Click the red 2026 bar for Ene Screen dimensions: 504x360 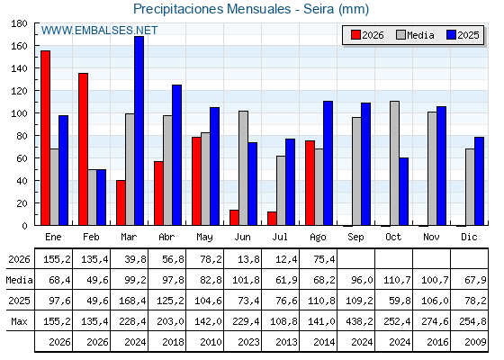pos(45,138)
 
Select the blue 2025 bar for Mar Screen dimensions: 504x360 pos(139,130)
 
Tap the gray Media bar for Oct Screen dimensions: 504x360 pos(395,163)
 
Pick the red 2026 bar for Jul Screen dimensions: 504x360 pos(272,219)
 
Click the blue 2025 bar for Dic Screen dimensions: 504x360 pos(479,181)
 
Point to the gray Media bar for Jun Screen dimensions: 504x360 pos(243,168)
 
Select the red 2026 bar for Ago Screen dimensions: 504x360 pos(310,183)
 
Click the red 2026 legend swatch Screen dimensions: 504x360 pos(355,35)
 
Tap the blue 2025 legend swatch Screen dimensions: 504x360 pos(451,35)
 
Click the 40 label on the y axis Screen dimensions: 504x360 pos(19,181)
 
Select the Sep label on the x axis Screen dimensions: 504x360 pos(355,238)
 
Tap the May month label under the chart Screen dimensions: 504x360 pos(204,238)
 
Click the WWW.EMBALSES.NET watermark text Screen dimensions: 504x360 pos(99,31)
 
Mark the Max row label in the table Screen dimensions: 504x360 pos(19,321)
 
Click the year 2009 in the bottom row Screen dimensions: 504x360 pos(475,342)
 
